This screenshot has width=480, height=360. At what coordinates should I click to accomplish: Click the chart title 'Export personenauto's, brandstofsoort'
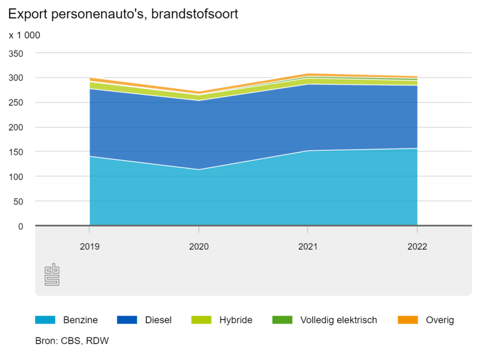coord(123,14)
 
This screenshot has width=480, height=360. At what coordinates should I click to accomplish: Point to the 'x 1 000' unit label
coord(24,36)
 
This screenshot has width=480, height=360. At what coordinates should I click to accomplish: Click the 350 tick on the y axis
coord(16,54)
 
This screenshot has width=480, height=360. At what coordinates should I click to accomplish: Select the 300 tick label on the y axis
coord(16,78)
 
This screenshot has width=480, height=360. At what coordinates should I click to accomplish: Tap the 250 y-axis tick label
coord(16,103)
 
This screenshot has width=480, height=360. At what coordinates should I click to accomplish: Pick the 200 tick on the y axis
coord(16,128)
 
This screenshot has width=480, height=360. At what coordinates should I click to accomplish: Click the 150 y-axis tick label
coord(16,153)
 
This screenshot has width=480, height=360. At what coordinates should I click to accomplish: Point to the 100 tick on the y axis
coord(16,177)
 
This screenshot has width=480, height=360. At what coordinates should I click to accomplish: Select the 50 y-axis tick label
coord(19,202)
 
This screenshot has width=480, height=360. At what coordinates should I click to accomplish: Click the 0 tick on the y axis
coord(21,226)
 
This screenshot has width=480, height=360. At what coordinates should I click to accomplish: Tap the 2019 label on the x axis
coord(90,247)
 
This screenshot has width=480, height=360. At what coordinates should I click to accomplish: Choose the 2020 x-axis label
coord(199,247)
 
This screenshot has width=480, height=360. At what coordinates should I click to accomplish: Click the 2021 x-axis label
coord(308,247)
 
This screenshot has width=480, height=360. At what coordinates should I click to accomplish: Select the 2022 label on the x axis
coord(417,247)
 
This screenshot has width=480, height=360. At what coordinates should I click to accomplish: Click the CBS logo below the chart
coord(52,274)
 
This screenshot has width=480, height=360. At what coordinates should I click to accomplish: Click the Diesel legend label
coord(158,320)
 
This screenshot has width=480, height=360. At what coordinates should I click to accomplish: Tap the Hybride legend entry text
coord(236,320)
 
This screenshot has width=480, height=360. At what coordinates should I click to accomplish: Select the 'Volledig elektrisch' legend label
coord(338,320)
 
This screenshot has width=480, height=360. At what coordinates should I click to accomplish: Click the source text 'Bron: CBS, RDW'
coord(72,341)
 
